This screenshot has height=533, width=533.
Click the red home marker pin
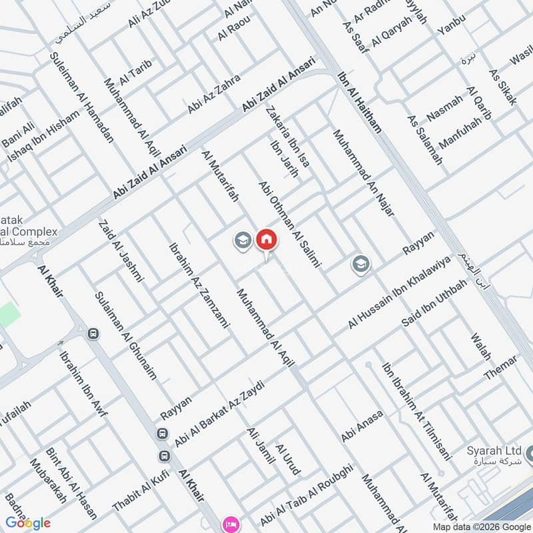coord(266,239)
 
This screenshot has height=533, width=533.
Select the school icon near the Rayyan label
coord(361,265)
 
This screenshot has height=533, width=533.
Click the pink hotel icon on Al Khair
coord(231,523)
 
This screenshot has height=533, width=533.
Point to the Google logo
coord(28,522)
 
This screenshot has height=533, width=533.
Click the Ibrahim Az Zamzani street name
coord(199,284)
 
